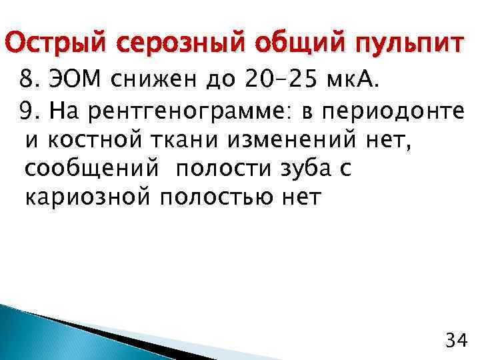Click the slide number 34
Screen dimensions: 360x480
[455, 341]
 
